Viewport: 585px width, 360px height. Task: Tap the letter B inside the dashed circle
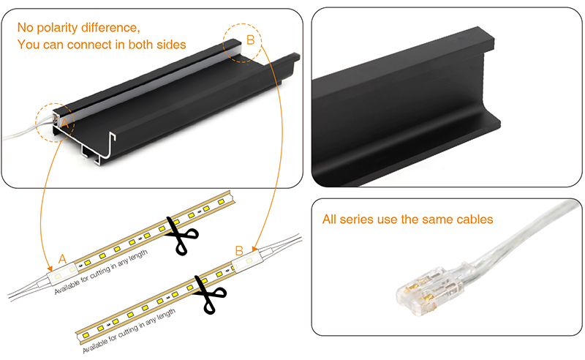click(250, 41)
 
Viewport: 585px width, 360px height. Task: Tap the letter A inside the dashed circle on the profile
click(64, 124)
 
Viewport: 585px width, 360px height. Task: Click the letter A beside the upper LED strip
click(62, 258)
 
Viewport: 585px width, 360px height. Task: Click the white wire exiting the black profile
click(22, 134)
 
